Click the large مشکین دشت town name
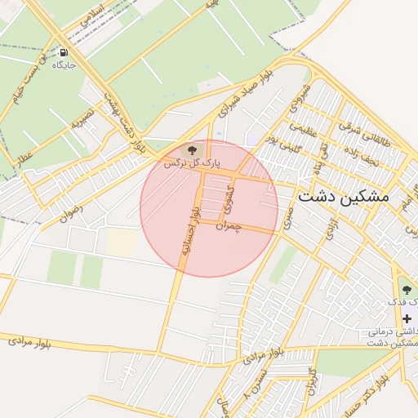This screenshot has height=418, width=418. click(343, 198)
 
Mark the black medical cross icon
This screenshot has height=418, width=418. click(407, 318)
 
